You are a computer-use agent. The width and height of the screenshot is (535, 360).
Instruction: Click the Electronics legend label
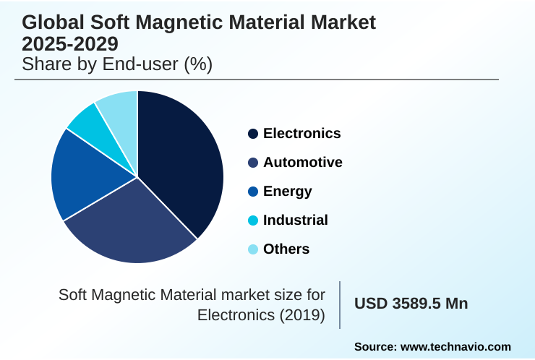(x=301, y=134)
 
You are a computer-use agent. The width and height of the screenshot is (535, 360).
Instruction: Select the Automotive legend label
(x=302, y=163)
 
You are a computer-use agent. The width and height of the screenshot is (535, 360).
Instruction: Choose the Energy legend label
(x=287, y=192)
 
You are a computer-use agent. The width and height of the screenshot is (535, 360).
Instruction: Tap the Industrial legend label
(x=295, y=220)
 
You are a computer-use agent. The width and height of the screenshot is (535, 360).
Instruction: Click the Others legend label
(x=286, y=249)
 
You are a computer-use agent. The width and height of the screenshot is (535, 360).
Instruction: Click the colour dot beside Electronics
(x=253, y=134)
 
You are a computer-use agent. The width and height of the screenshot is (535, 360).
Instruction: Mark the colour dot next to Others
(x=253, y=249)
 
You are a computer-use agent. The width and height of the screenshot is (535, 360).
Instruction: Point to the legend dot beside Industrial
(x=253, y=220)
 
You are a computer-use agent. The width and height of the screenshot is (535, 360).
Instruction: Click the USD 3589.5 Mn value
(x=411, y=304)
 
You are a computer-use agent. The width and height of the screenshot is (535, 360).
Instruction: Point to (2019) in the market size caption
(x=302, y=315)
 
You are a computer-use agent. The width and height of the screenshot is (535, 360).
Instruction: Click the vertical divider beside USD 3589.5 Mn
(x=340, y=304)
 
